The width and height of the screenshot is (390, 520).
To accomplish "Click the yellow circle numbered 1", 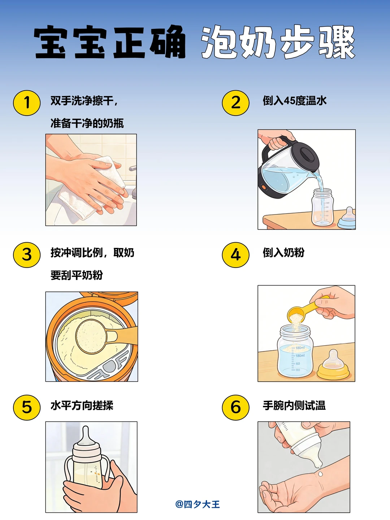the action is coord(27,103).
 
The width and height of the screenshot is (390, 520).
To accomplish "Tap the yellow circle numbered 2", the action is coord(235,103).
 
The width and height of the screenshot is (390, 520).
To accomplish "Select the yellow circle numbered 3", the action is coord(27,255).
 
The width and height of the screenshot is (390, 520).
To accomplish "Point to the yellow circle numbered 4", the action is coord(235,255).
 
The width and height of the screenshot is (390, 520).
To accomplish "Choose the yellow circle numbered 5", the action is coord(27,407).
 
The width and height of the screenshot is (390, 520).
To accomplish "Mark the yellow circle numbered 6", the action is coord(235,407).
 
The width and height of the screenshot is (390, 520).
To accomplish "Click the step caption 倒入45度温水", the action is coord(295,101).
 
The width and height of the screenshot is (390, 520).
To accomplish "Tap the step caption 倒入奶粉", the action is coord(283,252).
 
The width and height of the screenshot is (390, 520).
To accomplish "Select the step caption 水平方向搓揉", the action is coord(82,405).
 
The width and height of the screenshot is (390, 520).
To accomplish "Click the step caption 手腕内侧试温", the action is coord(294,405).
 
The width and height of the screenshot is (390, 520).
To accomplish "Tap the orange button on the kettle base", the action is coord(263,187).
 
